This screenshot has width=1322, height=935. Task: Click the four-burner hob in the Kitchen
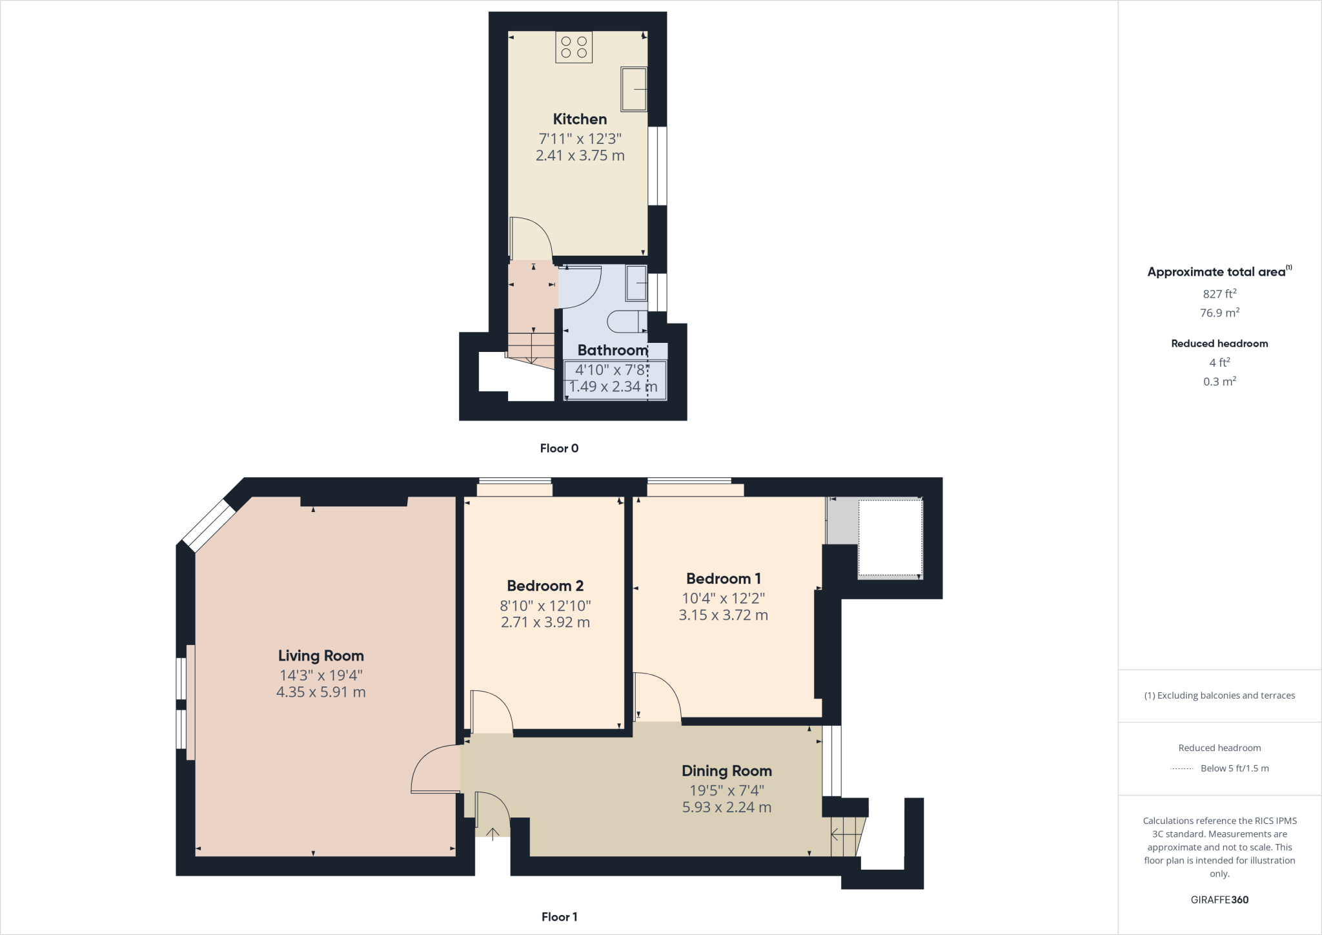(574, 47)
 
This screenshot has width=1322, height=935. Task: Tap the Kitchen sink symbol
(634, 89)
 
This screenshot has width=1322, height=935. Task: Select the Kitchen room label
(580, 119)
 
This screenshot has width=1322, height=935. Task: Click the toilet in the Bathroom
(627, 321)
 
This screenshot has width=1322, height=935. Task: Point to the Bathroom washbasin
(636, 283)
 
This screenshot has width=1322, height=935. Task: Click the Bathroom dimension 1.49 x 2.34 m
(613, 387)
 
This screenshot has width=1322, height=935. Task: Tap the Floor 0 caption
(559, 448)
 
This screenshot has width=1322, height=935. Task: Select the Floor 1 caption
(559, 917)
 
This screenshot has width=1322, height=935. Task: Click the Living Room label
(321, 656)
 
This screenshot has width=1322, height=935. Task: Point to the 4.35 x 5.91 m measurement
(321, 692)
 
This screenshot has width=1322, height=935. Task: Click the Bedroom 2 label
(545, 586)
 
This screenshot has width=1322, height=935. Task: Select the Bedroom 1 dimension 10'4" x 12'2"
(723, 598)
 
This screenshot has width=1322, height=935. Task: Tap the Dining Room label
(726, 771)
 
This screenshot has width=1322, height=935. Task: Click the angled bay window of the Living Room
(208, 526)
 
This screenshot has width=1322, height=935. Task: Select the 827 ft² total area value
(1219, 294)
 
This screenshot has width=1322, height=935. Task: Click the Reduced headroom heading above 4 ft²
(1219, 344)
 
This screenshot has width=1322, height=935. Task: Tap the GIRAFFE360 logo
(1219, 899)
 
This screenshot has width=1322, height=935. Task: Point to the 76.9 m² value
(1219, 313)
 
